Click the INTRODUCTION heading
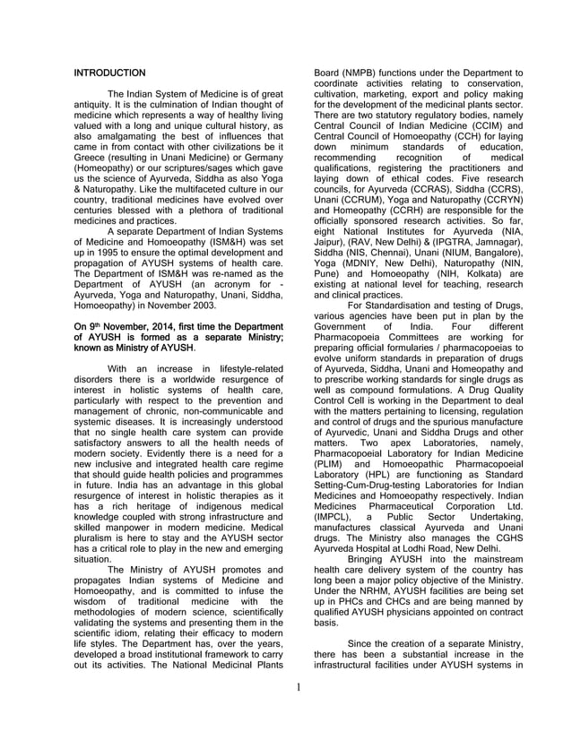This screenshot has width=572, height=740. click(x=109, y=72)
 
